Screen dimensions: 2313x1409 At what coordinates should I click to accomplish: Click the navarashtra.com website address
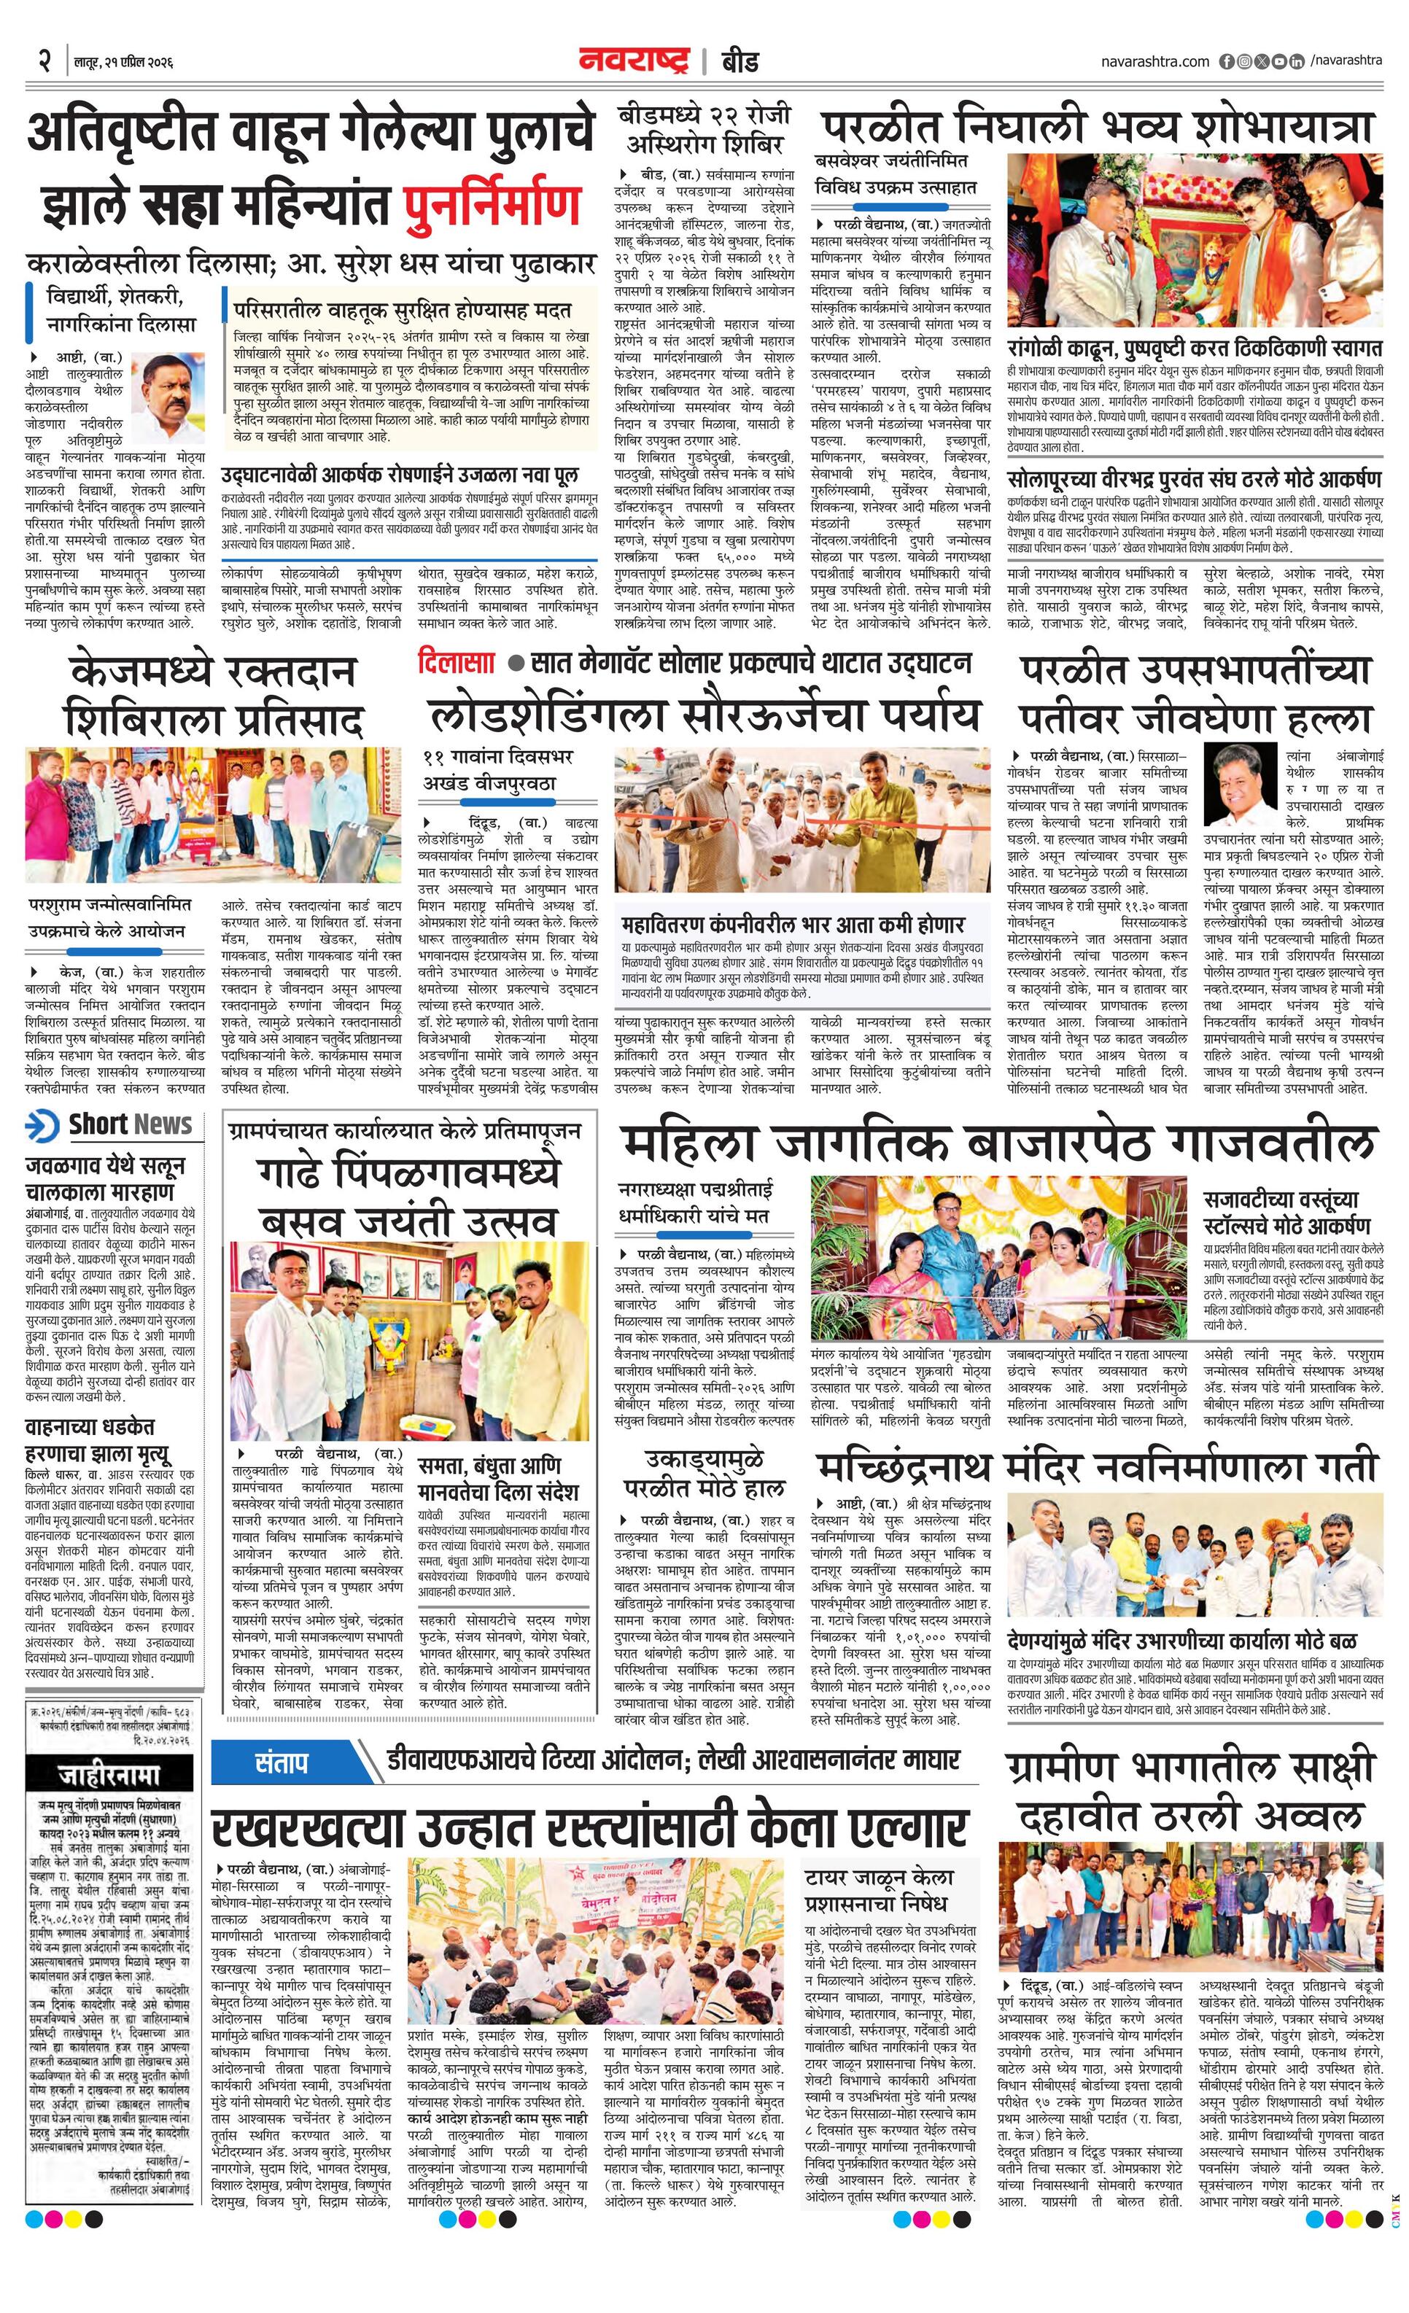tap(1155, 62)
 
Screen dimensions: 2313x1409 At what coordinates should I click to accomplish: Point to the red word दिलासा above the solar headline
tap(457, 664)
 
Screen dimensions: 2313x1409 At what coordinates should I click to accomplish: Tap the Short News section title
tap(130, 1124)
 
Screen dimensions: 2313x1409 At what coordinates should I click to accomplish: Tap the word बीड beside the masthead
tap(740, 62)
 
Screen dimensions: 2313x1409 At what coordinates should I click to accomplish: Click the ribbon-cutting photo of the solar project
tap(801, 820)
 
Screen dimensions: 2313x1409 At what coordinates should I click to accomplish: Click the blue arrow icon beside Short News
tap(42, 1124)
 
